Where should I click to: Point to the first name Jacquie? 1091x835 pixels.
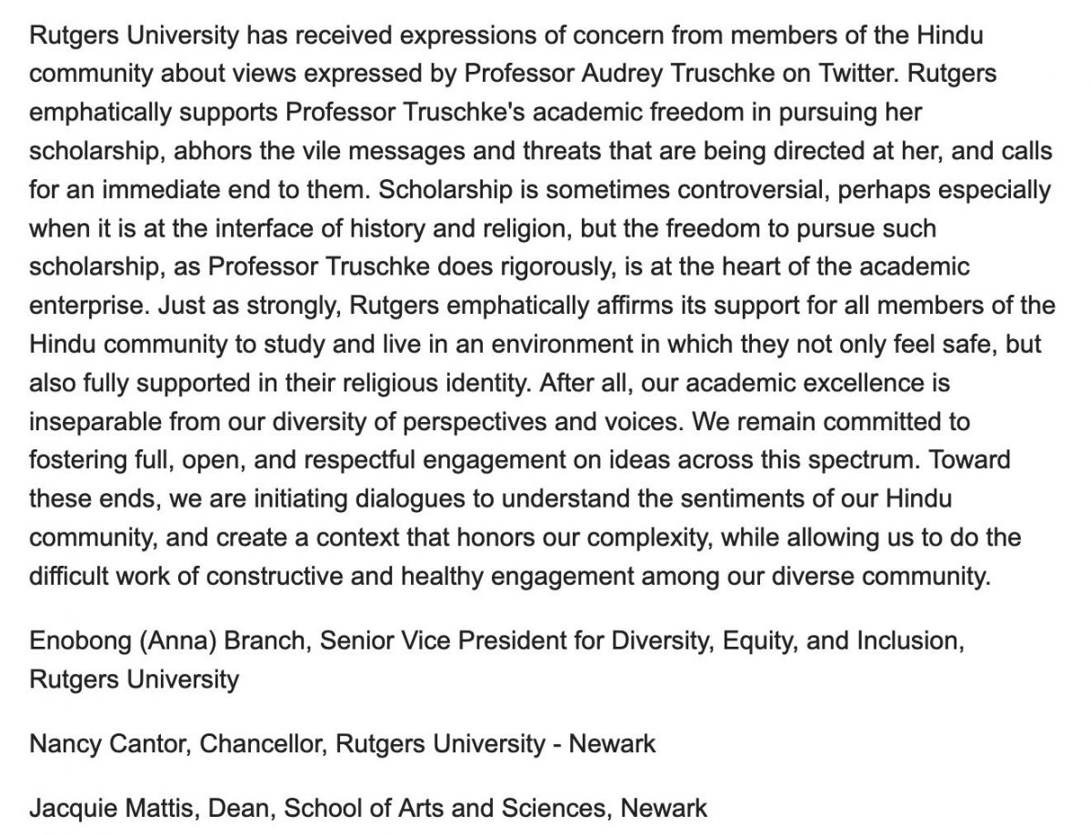pos(69,807)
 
